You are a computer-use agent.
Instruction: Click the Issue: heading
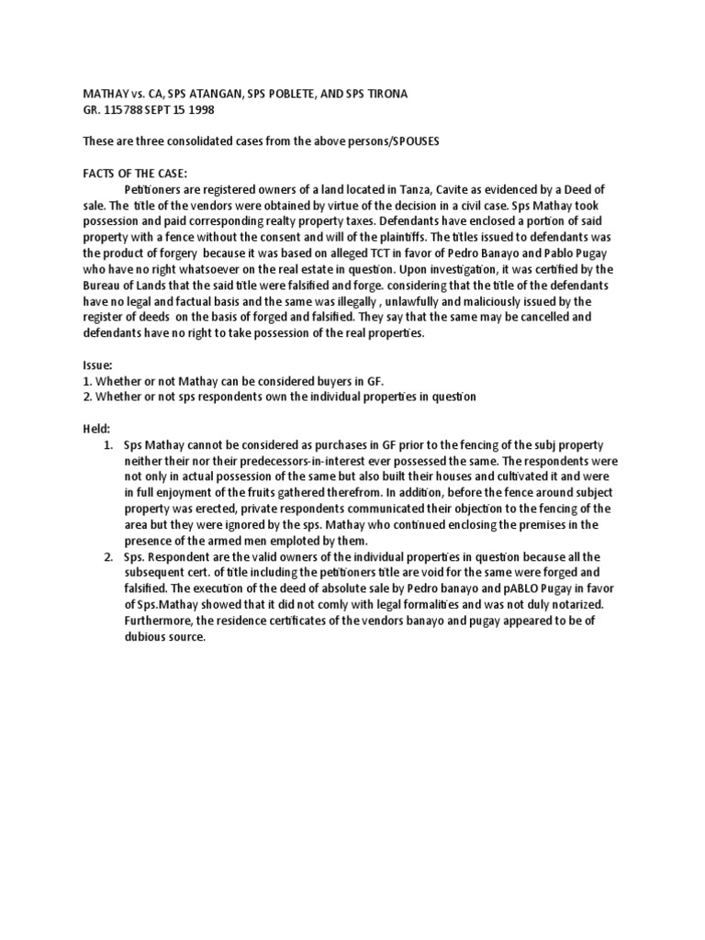74,364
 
